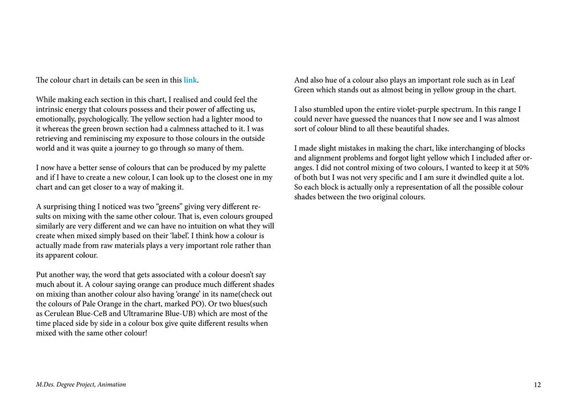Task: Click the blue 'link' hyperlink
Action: [x=190, y=80]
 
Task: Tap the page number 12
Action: [x=537, y=385]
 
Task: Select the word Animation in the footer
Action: [x=112, y=385]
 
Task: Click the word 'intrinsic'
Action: [x=51, y=109]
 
